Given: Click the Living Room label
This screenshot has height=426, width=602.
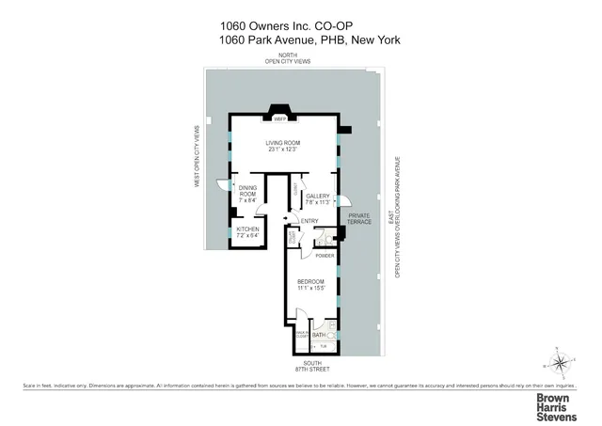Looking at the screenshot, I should tap(282, 143).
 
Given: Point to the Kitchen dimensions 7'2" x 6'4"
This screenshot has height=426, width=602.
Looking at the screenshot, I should tap(247, 235).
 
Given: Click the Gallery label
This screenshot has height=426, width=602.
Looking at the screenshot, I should tap(316, 196).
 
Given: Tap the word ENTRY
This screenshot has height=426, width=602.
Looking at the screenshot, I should tap(309, 221).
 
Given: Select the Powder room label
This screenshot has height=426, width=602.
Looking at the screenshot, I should tap(325, 255).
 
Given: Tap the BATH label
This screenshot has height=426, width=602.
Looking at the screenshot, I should tap(319, 334).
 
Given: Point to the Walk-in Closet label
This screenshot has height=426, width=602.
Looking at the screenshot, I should tap(303, 334).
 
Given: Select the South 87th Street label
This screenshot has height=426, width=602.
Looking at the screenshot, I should tap(311, 366).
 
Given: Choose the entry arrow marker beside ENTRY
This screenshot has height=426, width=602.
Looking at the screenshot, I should tap(293, 222).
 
